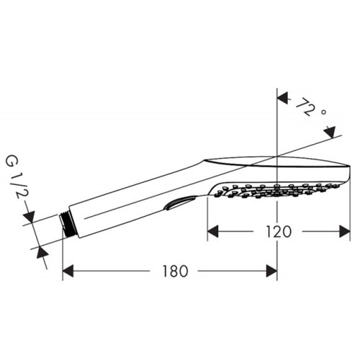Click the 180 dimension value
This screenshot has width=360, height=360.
tap(175, 271)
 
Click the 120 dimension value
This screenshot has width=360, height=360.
tap(279, 232)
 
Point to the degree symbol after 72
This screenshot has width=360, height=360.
tap(323, 112)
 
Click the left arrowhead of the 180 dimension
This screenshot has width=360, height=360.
tap(68, 271)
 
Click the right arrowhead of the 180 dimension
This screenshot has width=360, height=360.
tap(271, 271)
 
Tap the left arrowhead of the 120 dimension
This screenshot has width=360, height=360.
tap(213, 232)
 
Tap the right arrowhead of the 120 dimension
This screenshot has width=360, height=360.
tap(345, 232)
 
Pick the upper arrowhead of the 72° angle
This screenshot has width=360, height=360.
tap(282, 99)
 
